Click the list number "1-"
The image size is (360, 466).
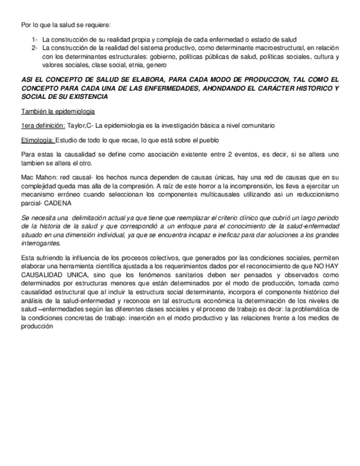[x=35, y=40]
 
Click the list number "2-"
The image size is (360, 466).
[x=35, y=48]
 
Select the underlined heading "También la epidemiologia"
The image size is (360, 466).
[x=58, y=112]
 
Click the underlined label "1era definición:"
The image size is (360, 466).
[x=43, y=126]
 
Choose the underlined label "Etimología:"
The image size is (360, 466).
[x=37, y=140]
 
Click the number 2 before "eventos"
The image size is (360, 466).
[x=232, y=155]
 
